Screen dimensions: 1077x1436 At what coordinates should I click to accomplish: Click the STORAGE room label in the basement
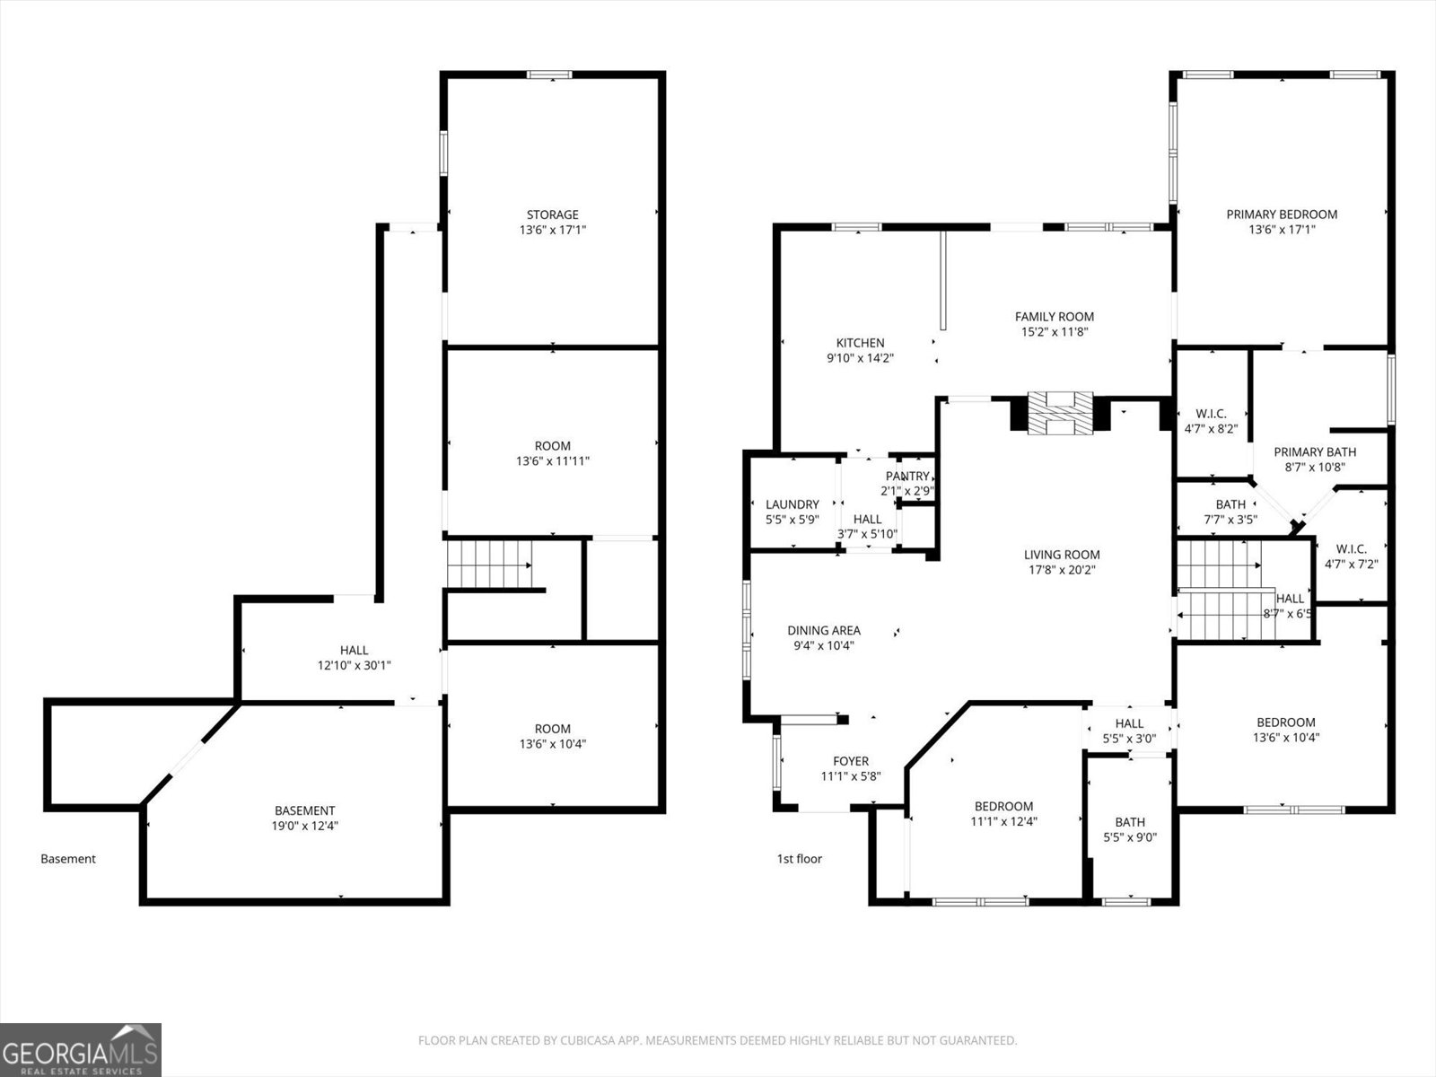(x=552, y=215)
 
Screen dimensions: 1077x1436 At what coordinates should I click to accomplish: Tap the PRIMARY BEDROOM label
(x=1282, y=215)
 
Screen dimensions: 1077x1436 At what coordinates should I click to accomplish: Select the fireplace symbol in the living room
(x=1060, y=413)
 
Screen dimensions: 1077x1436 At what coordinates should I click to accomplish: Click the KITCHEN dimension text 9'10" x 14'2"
(x=860, y=358)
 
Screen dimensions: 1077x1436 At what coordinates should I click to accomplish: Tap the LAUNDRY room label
(x=792, y=504)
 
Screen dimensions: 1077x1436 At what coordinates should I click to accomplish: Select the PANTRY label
(x=907, y=476)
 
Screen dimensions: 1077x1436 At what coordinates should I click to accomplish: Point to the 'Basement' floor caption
(x=68, y=859)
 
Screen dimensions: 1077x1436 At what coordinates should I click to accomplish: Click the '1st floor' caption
(x=799, y=859)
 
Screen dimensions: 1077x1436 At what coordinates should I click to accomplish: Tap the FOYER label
(x=850, y=761)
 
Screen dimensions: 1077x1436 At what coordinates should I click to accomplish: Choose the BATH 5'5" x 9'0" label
(x=1130, y=829)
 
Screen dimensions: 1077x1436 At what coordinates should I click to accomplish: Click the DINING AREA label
(x=824, y=630)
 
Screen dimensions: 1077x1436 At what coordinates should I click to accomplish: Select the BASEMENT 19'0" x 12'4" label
(x=305, y=818)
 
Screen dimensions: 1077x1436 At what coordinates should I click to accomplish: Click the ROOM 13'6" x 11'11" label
(x=552, y=453)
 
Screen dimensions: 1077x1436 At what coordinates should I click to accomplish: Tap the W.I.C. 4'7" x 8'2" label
(x=1211, y=421)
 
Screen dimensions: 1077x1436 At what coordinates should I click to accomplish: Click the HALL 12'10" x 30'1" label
(x=354, y=657)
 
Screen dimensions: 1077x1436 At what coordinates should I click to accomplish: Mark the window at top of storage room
(x=549, y=74)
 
